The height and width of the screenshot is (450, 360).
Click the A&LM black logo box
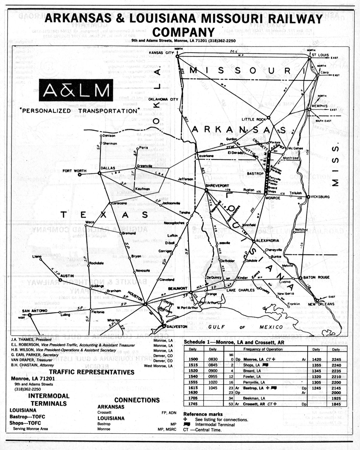coord(76,90)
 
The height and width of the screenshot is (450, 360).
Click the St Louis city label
coord(320,55)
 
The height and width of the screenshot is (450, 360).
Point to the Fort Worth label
coord(74,171)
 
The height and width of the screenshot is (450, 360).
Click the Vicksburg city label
coord(321,197)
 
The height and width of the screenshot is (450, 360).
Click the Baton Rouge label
coord(316,278)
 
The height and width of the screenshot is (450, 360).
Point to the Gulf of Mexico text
coord(245,327)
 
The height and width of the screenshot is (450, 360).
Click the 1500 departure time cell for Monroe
coord(193,359)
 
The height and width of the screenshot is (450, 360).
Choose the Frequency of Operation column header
coord(263,349)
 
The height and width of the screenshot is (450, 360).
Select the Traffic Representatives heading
coord(91,372)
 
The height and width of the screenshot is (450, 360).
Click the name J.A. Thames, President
coord(31,340)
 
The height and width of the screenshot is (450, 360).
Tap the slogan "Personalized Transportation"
coord(78,111)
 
